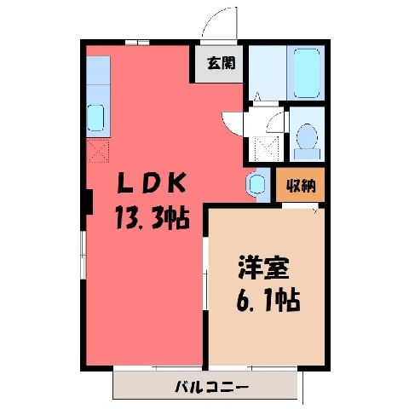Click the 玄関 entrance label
tap(222, 63)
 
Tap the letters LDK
tap(152, 183)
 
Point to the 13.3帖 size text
tap(153, 218)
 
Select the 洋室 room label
tap(263, 268)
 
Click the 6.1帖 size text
tap(268, 300)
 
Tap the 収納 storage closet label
tap(301, 186)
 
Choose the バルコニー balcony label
tap(212, 387)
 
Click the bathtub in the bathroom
tap(306, 73)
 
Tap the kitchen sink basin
tap(95, 118)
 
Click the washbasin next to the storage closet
tap(256, 183)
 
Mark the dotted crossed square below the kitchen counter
tap(98, 151)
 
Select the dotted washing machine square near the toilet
tap(267, 148)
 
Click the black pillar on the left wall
tap(89, 202)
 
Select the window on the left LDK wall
tap(84, 255)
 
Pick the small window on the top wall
tap(137, 43)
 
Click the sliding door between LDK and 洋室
tap(205, 274)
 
